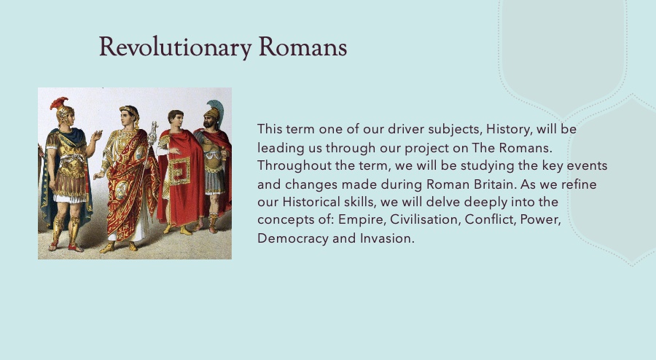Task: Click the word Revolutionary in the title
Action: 175,47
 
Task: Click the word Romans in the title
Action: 303,47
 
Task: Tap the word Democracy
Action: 293,238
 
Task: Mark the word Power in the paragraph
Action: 540,219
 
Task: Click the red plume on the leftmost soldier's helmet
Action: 58,103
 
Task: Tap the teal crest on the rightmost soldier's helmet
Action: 216,109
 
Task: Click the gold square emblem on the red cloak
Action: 179,171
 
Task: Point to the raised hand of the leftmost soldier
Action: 97,136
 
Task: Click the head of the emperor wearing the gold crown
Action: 129,116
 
